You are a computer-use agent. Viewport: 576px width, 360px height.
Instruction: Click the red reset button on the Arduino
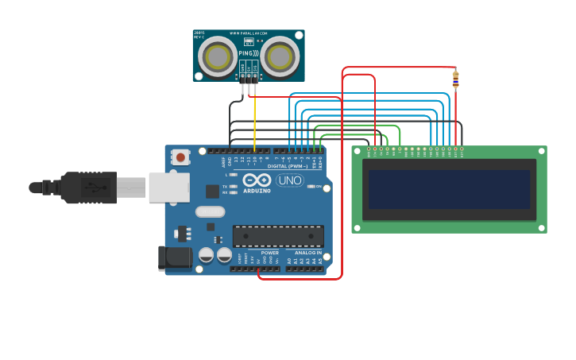click(x=180, y=157)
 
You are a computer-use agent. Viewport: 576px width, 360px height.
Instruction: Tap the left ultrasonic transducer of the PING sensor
click(x=216, y=56)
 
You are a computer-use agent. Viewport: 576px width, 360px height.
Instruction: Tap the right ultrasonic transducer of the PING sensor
click(x=280, y=56)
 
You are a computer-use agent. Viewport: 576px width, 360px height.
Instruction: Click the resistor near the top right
click(x=455, y=79)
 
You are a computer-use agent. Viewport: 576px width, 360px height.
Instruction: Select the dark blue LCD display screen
click(x=449, y=189)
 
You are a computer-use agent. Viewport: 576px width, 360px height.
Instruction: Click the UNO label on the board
click(x=290, y=180)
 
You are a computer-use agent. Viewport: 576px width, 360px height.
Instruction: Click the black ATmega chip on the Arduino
click(x=278, y=236)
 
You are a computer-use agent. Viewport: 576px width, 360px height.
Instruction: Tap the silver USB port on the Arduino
click(x=168, y=188)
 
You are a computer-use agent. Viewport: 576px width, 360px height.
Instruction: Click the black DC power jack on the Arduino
click(x=174, y=257)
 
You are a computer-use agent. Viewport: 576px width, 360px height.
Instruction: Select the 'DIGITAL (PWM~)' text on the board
click(x=287, y=166)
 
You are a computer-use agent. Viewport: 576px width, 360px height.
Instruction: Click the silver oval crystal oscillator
click(x=210, y=211)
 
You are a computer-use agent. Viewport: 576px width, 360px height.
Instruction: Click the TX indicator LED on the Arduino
click(x=233, y=186)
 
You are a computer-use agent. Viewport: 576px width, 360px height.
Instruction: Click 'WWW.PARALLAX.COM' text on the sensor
click(x=247, y=33)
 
